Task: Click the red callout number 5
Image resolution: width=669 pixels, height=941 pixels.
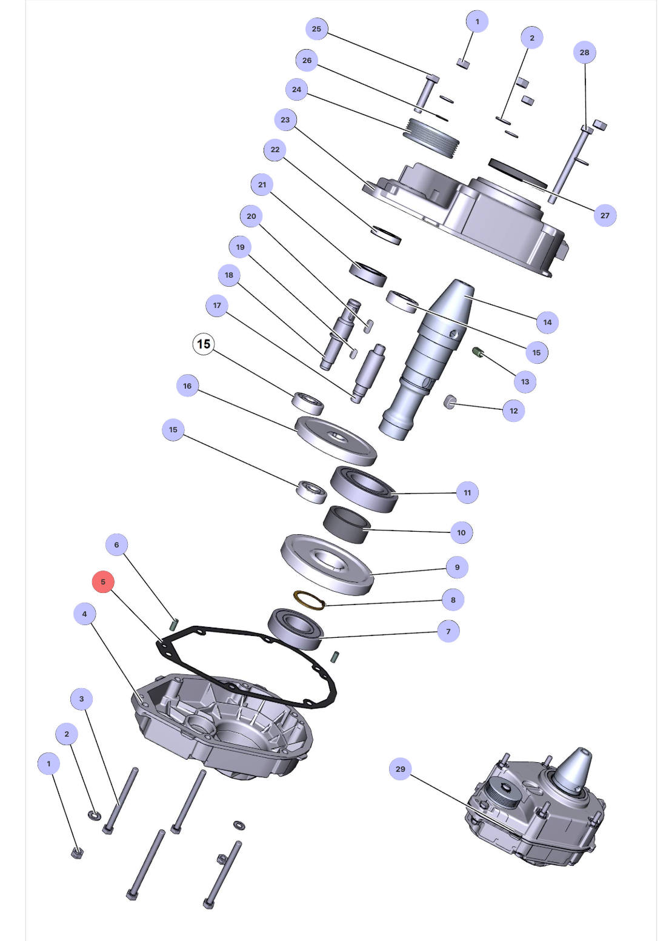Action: pyautogui.click(x=103, y=582)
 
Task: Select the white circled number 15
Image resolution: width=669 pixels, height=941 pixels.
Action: pyautogui.click(x=204, y=344)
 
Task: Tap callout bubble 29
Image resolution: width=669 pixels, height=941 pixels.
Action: pyautogui.click(x=401, y=769)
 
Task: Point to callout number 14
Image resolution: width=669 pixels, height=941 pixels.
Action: pyautogui.click(x=547, y=322)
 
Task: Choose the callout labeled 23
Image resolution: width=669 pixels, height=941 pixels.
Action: pyautogui.click(x=285, y=119)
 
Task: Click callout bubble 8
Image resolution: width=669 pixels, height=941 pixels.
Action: pyautogui.click(x=453, y=600)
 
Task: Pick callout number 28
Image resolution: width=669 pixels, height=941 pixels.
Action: pyautogui.click(x=584, y=53)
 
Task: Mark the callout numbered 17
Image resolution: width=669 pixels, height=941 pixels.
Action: pyautogui.click(x=217, y=305)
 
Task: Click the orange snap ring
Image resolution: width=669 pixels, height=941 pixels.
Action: pyautogui.click(x=309, y=600)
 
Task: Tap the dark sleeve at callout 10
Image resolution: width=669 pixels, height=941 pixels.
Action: pyautogui.click(x=347, y=524)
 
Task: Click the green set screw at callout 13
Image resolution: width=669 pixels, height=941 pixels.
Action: pyautogui.click(x=478, y=352)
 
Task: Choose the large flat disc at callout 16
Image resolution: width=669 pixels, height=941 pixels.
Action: pyautogui.click(x=336, y=439)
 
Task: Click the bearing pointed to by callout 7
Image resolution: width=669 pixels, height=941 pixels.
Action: pyautogui.click(x=295, y=629)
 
